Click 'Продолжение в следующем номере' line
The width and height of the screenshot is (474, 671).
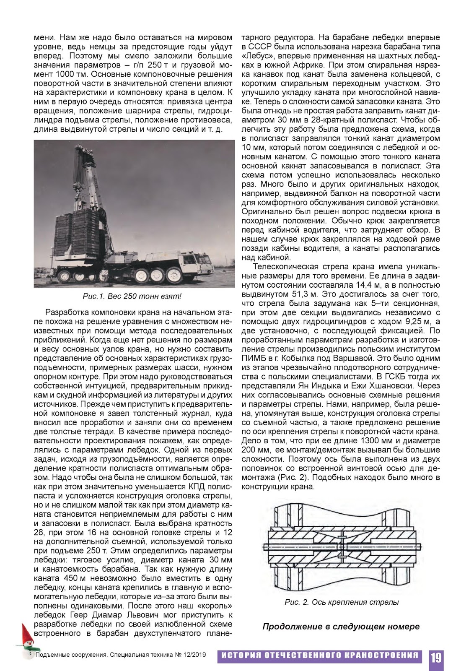[341, 627]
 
